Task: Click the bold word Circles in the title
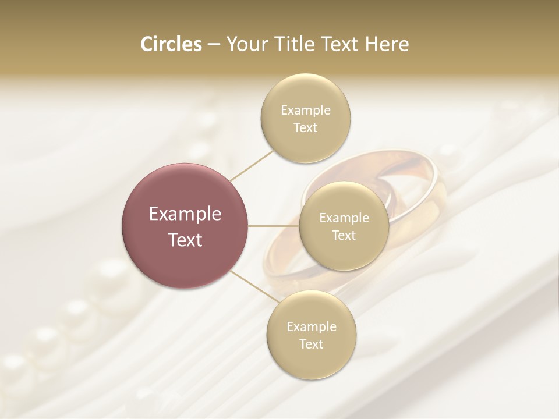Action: [171, 44]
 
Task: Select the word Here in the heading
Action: [387, 44]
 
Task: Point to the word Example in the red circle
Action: [185, 214]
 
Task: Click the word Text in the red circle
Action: [185, 240]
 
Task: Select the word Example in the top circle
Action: [306, 111]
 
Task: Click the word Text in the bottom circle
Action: [312, 344]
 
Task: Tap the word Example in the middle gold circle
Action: [344, 218]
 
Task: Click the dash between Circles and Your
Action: [213, 45]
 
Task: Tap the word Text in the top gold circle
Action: [306, 128]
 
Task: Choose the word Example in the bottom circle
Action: [312, 326]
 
